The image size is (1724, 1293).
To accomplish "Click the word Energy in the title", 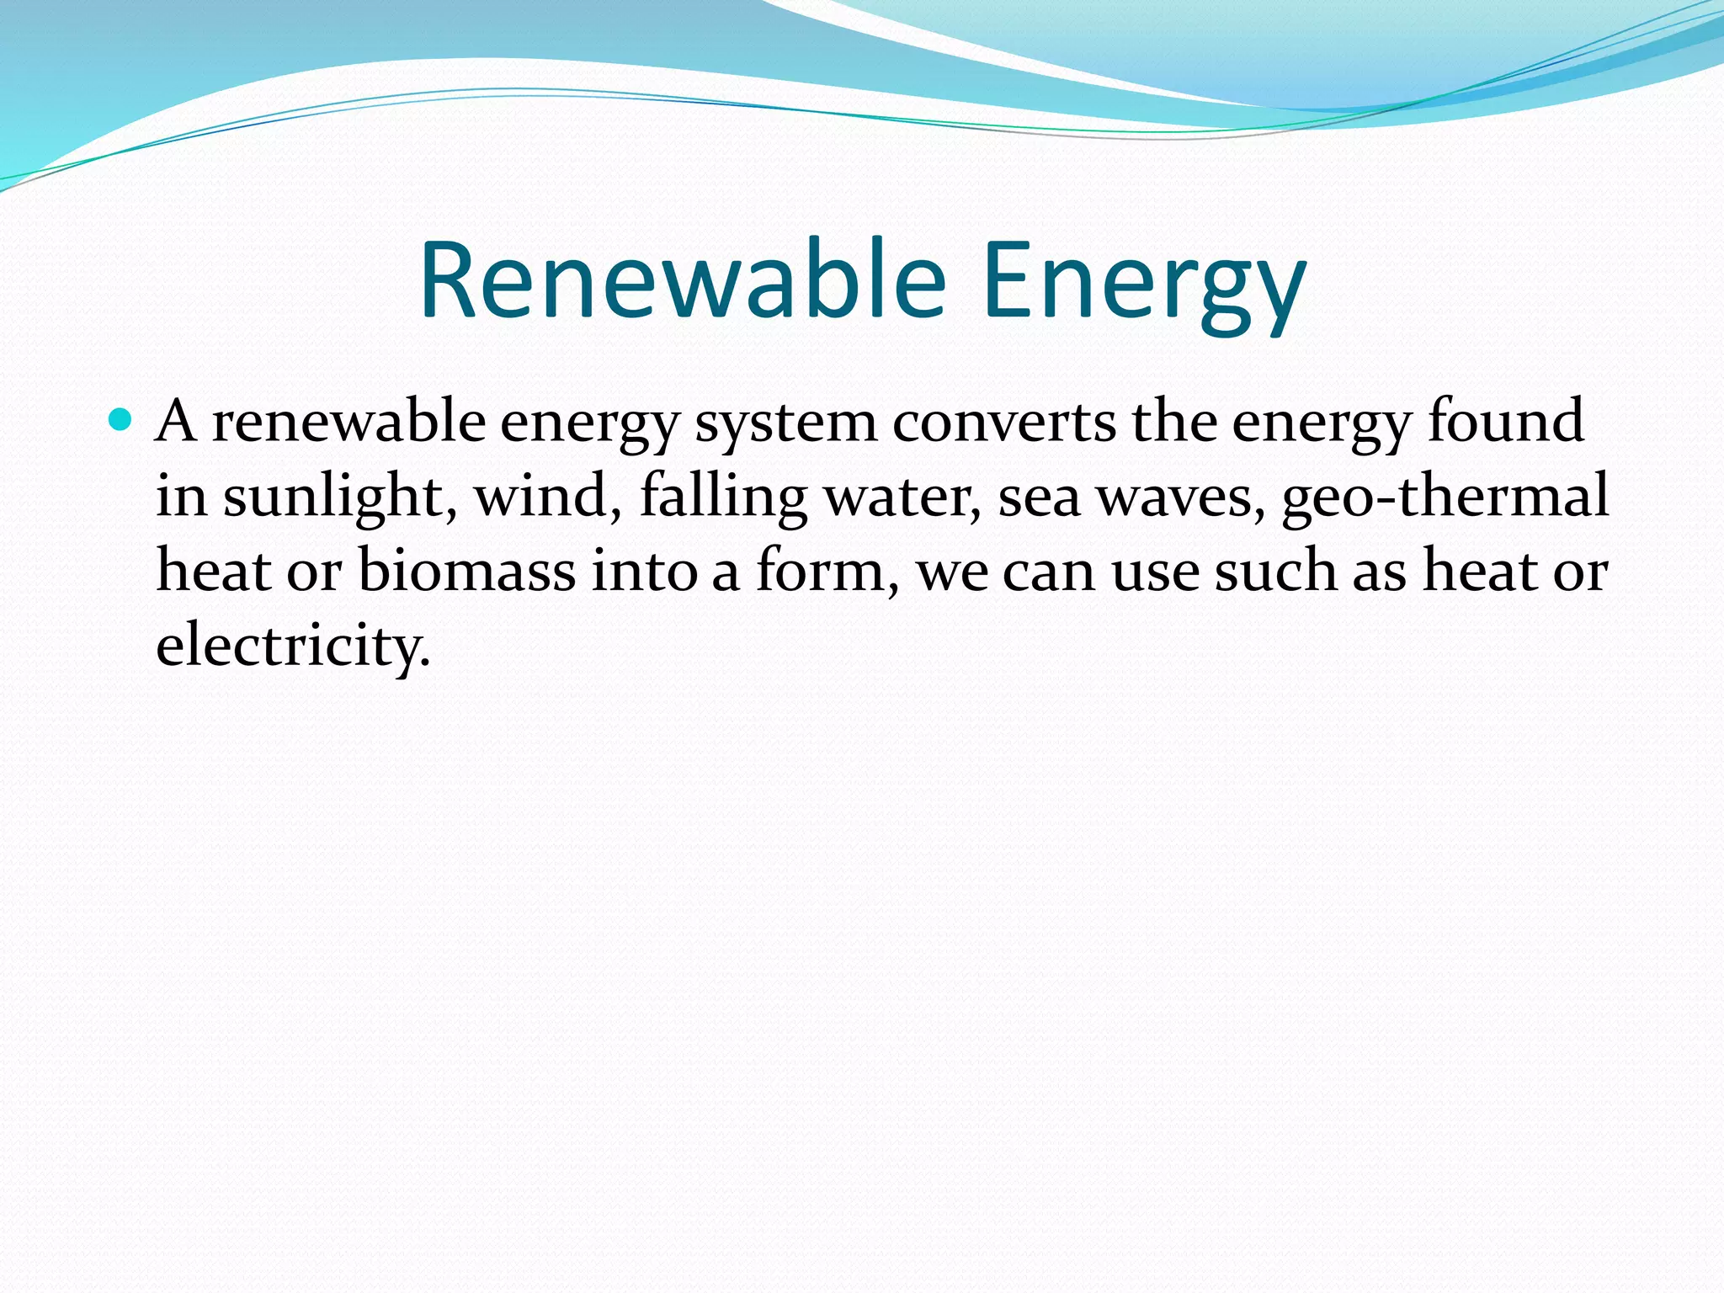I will pos(1144,286).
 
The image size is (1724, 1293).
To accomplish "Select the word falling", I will pos(724,498).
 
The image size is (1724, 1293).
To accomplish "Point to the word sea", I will pos(1040,498).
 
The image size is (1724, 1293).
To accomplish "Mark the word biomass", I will pos(467,571).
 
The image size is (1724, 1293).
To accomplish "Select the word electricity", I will pos(293,646).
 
